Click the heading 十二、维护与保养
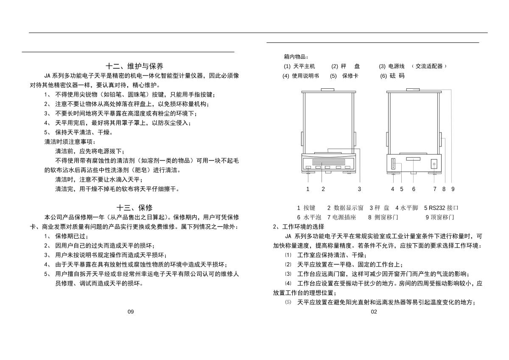click(x=134, y=66)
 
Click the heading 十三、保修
click(x=134, y=208)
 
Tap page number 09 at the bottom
click(x=131, y=312)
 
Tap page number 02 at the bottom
click(x=374, y=312)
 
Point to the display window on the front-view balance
click(x=323, y=164)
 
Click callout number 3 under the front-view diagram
click(x=359, y=189)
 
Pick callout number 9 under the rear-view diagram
click(x=453, y=189)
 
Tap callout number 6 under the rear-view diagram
click(x=414, y=189)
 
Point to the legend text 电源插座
click(x=344, y=217)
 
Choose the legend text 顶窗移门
click(x=442, y=217)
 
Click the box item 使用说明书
click(x=305, y=76)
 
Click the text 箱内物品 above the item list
click(x=296, y=57)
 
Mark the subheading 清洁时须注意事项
click(x=70, y=142)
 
